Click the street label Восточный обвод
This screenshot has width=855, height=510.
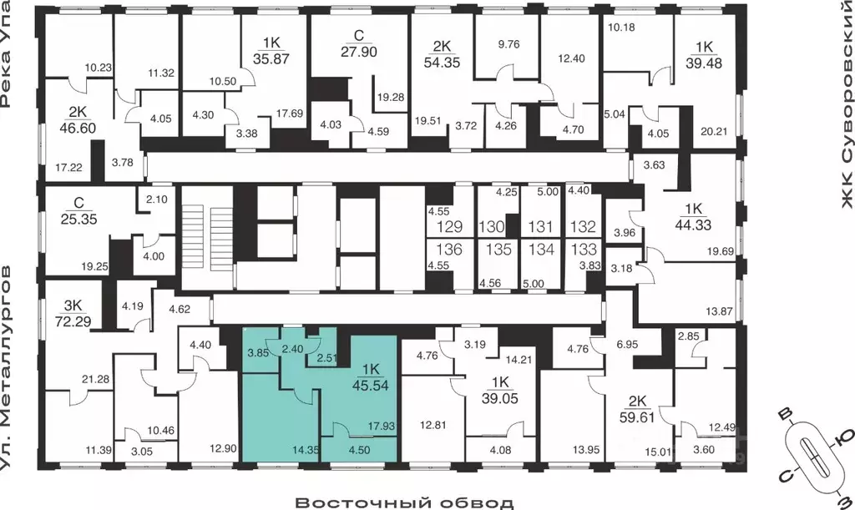point(404,502)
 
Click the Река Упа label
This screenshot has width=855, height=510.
point(6,53)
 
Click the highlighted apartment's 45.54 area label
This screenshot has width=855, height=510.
point(370,386)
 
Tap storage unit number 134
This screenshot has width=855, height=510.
point(541,250)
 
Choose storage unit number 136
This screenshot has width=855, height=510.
point(449,250)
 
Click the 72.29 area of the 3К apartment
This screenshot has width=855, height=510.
point(73,321)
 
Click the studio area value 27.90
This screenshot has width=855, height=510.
point(359,52)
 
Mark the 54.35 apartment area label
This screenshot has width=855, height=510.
point(443,62)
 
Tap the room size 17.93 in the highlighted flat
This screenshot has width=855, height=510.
point(381,426)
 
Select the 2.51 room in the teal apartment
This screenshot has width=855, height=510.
point(327,358)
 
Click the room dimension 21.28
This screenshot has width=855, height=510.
point(95,379)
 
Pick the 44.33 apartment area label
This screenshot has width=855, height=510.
point(693,225)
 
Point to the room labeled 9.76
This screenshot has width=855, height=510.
point(508,45)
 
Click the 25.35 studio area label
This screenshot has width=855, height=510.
point(78,219)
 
